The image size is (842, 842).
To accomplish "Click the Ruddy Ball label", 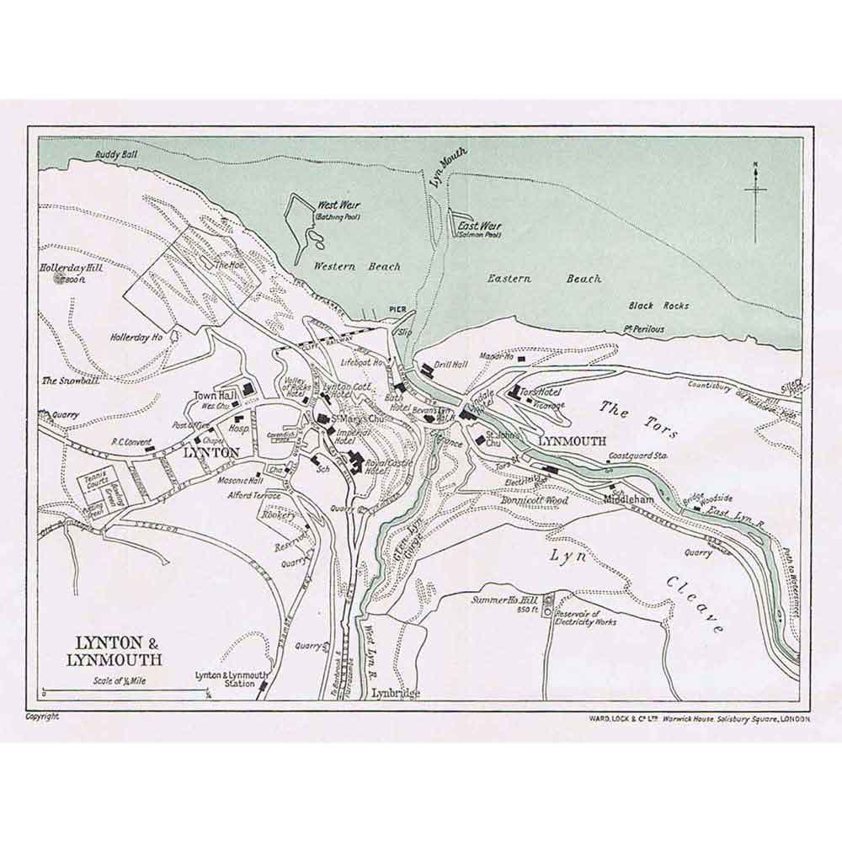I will pyautogui.click(x=116, y=155).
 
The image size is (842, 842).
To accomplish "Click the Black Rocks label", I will pyautogui.click(x=658, y=306).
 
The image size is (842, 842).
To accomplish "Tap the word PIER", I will pyautogui.click(x=398, y=309).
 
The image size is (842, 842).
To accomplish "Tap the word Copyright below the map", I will pyautogui.click(x=42, y=717).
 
